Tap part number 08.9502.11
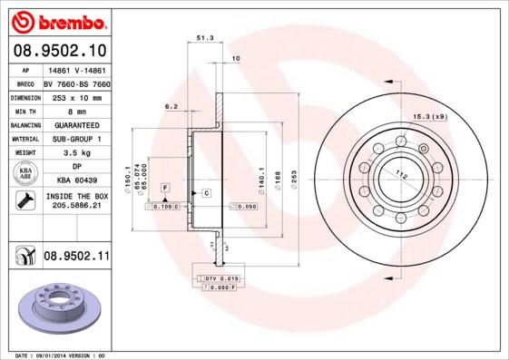(x=75, y=257)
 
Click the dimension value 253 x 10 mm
(x=75, y=96)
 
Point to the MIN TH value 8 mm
(x=76, y=110)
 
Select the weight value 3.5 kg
(x=76, y=153)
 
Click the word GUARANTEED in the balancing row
(x=76, y=124)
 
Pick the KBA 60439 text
(x=76, y=181)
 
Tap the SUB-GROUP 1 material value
(x=76, y=139)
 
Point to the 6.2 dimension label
(x=171, y=106)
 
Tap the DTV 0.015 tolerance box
(x=220, y=277)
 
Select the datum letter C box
(x=206, y=193)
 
